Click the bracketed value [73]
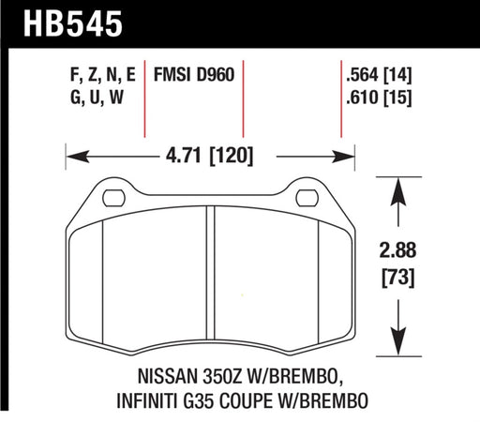pos(399,279)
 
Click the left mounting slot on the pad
pos(112,198)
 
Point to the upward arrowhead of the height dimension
pos(399,187)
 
